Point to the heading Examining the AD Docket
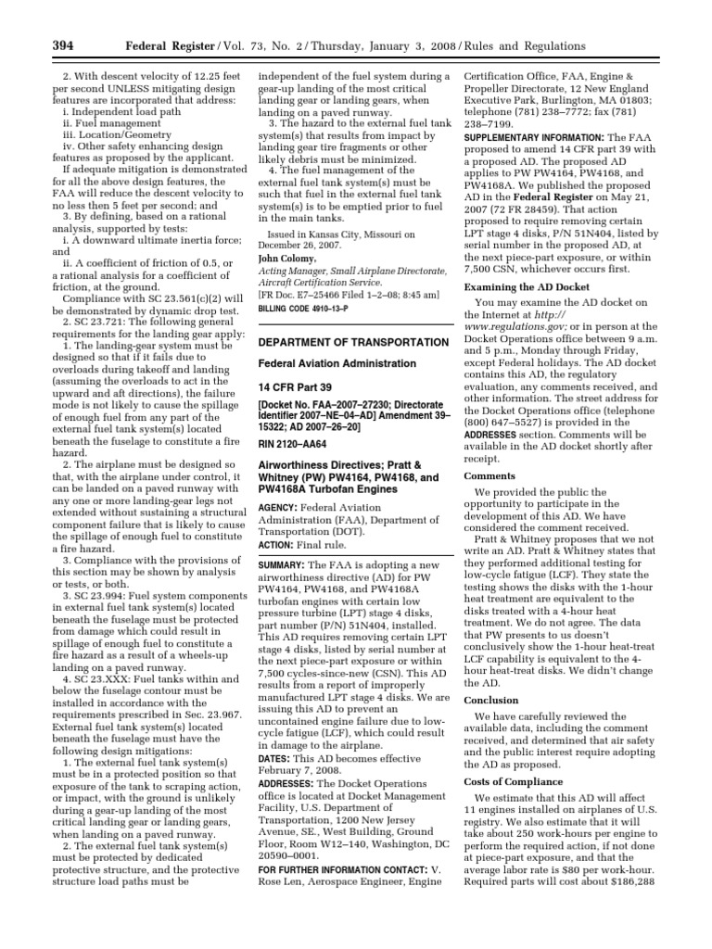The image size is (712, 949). point(527,287)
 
